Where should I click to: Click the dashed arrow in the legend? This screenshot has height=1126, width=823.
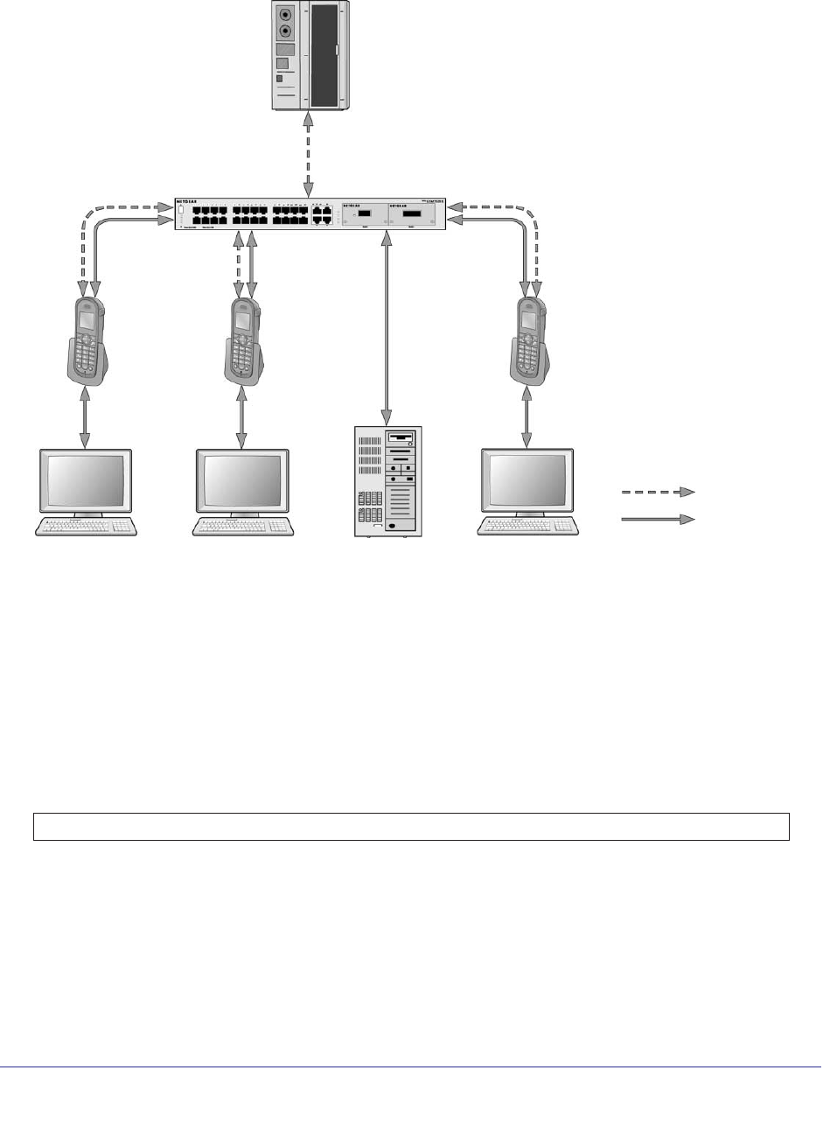coord(658,493)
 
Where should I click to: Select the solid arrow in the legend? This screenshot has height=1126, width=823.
coord(658,520)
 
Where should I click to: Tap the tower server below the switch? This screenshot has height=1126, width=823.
coord(387,481)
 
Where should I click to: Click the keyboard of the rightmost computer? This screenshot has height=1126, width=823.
coord(527,526)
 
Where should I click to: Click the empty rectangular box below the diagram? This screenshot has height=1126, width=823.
coord(411,827)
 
